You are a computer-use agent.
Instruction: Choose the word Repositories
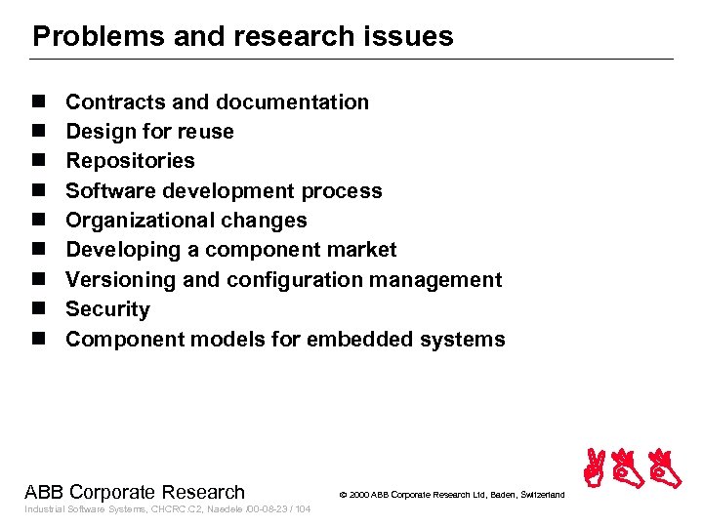coord(130,161)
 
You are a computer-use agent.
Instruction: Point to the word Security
coord(107,309)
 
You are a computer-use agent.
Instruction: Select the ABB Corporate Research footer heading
coord(135,492)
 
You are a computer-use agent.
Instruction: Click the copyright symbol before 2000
coord(344,496)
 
